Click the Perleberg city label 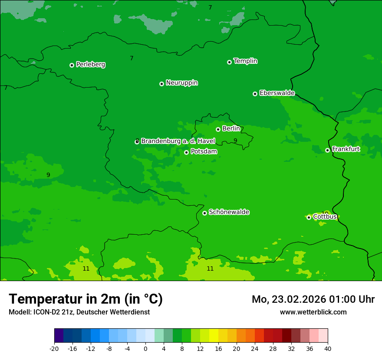point(90,65)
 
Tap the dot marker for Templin point(229,62)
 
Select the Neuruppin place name point(181,83)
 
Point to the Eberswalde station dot point(255,94)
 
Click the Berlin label point(231,128)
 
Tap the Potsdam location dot point(186,152)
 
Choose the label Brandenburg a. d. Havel point(178,141)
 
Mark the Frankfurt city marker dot point(327,150)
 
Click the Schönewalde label point(229,212)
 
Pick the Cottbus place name point(325,216)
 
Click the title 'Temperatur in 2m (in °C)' point(86,299)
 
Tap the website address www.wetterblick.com point(313,312)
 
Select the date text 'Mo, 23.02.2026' point(286,299)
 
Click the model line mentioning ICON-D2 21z point(79,312)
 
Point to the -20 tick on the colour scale point(54,349)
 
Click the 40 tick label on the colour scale point(327,349)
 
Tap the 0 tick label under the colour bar point(145,349)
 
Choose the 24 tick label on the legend point(254,349)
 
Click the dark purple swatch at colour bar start point(59,336)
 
